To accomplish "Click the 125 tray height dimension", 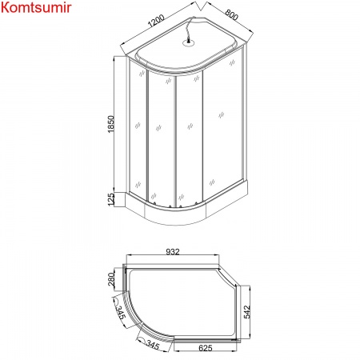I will click(x=112, y=198).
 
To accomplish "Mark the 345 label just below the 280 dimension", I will click(x=120, y=310).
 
